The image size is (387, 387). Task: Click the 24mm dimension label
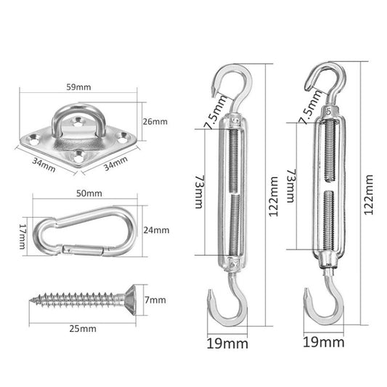[157, 231]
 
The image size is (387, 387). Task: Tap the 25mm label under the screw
[83, 328]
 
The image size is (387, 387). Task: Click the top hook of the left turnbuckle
[227, 81]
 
